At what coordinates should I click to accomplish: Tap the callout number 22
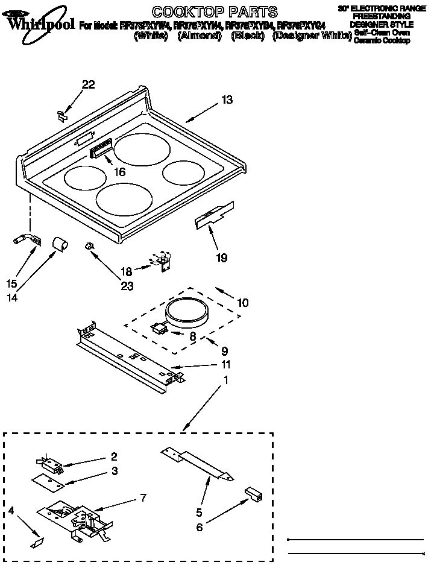(x=88, y=85)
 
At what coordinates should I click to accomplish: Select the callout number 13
(x=226, y=100)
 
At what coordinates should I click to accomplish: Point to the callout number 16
(x=119, y=172)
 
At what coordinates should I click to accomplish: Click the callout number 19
(x=221, y=258)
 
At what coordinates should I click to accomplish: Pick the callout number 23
(x=127, y=286)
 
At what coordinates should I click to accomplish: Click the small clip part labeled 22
(x=62, y=114)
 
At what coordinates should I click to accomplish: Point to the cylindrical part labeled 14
(x=58, y=244)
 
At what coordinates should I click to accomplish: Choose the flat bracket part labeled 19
(x=214, y=215)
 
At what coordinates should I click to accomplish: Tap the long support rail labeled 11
(x=130, y=356)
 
